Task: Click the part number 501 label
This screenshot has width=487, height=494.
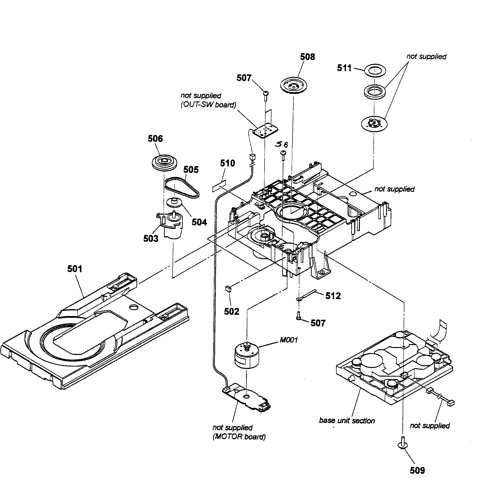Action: pyautogui.click(x=74, y=269)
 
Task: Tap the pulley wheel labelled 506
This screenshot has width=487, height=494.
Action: pyautogui.click(x=163, y=162)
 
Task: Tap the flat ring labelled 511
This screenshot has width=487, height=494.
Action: pyautogui.click(x=374, y=70)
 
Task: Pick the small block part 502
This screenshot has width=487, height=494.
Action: pyautogui.click(x=228, y=289)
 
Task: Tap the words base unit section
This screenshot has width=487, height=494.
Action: pyautogui.click(x=347, y=421)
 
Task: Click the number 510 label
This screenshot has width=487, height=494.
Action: pyautogui.click(x=227, y=163)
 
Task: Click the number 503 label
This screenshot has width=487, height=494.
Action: pyautogui.click(x=151, y=239)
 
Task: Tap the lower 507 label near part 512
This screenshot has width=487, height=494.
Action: pyautogui.click(x=318, y=323)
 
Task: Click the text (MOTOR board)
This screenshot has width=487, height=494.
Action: pyautogui.click(x=239, y=436)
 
